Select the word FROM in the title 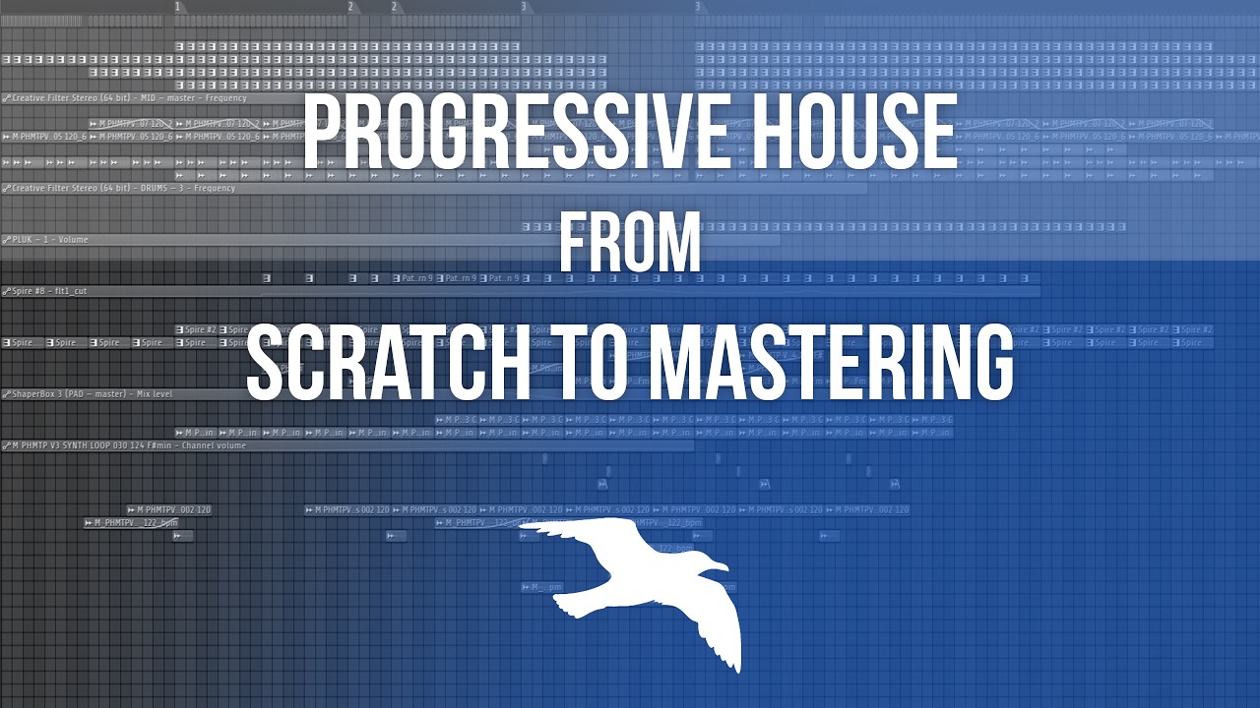coord(629,243)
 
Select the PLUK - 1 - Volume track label coord(49,240)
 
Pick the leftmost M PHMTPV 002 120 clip coord(169,510)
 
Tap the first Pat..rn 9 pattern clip coord(415,278)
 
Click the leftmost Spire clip coord(22,343)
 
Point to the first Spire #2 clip coord(196,329)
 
